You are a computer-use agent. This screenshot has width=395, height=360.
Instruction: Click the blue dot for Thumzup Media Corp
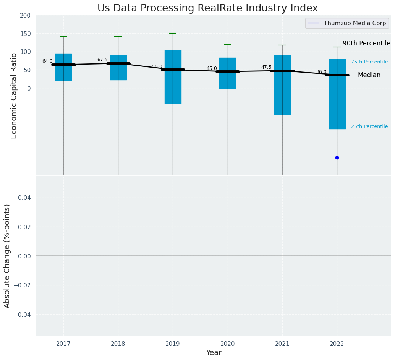click(337, 157)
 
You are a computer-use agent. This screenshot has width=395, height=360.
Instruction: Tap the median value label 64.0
click(47, 61)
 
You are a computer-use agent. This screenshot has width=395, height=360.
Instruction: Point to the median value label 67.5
click(102, 60)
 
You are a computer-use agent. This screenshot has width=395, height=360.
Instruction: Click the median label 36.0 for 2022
click(321, 72)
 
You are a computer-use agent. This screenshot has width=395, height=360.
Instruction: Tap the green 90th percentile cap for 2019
click(173, 33)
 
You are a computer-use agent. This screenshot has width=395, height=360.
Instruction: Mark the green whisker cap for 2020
click(228, 45)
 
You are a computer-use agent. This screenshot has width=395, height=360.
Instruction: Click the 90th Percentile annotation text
click(366, 43)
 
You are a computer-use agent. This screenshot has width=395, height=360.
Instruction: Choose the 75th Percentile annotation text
click(369, 62)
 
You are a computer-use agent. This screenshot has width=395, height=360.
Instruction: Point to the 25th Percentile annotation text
click(369, 126)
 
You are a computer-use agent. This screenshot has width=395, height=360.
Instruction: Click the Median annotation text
click(369, 75)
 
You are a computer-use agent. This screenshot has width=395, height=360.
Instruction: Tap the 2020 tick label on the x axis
click(228, 344)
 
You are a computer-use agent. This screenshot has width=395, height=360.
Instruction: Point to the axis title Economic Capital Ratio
click(14, 96)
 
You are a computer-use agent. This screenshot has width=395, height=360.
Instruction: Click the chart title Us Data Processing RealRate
click(207, 8)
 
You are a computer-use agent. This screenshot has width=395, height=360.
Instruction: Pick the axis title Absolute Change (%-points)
click(7, 256)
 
